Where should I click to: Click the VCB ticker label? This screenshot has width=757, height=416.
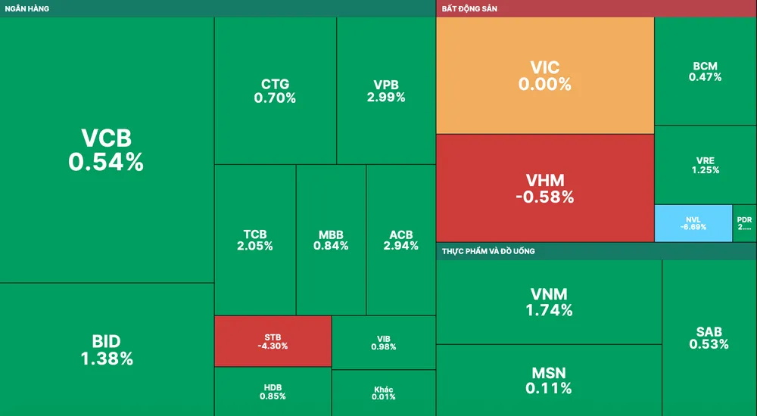(106, 138)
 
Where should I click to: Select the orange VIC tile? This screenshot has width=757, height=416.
(544, 76)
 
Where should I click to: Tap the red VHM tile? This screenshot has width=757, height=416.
(544, 188)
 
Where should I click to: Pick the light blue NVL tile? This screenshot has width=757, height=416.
(693, 223)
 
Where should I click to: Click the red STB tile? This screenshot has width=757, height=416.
(273, 340)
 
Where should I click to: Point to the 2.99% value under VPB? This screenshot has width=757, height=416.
(386, 98)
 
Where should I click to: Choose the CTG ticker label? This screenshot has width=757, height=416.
(275, 84)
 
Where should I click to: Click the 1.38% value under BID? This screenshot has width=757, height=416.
(107, 359)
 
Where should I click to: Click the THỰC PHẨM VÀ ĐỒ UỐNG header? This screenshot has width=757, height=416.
(488, 250)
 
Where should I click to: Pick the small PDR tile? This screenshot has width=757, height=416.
(744, 223)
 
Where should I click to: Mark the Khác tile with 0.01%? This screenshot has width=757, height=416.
(384, 393)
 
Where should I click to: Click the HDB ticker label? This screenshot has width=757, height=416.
(273, 387)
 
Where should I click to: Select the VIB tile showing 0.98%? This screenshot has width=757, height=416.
(384, 342)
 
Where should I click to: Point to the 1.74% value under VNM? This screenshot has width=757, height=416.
(549, 310)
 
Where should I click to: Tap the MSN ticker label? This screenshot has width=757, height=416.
(549, 373)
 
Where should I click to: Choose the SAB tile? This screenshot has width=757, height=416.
(709, 337)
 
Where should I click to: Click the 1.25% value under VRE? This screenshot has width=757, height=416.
(705, 170)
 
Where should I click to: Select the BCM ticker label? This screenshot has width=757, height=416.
(705, 67)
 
